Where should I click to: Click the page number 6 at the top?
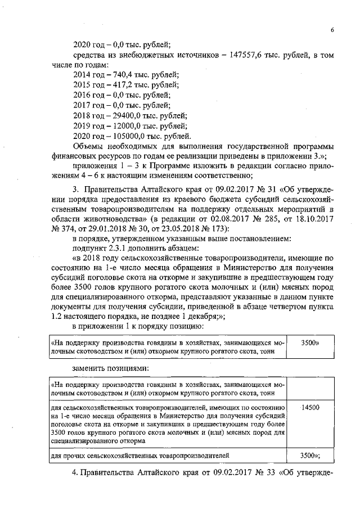(x=332, y=30)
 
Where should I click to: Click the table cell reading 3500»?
(x=310, y=455)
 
